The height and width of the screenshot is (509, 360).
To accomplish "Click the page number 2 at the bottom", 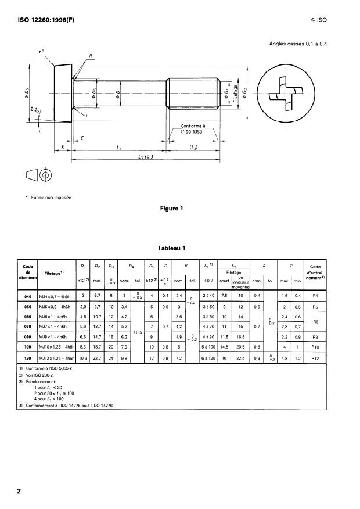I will coord(19,492).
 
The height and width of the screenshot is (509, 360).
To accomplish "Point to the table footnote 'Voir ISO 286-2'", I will coord(42,376).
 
